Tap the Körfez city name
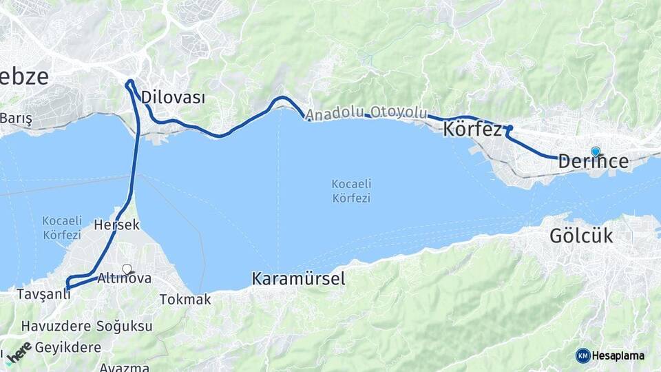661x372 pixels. click(473, 129)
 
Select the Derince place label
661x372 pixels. click(593, 162)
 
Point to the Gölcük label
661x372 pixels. click(581, 236)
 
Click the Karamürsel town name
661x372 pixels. click(298, 279)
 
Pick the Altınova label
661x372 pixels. click(124, 278)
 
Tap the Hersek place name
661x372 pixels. click(116, 225)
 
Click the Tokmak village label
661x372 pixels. click(185, 300)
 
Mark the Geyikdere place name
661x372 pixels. click(67, 347)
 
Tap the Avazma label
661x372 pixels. click(124, 367)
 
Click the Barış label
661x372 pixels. click(16, 118)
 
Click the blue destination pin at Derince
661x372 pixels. click(596, 152)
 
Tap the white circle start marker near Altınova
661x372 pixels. click(127, 269)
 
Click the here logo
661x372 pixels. click(19, 351)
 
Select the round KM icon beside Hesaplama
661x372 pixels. click(583, 355)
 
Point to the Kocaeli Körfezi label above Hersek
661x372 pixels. click(63, 227)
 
